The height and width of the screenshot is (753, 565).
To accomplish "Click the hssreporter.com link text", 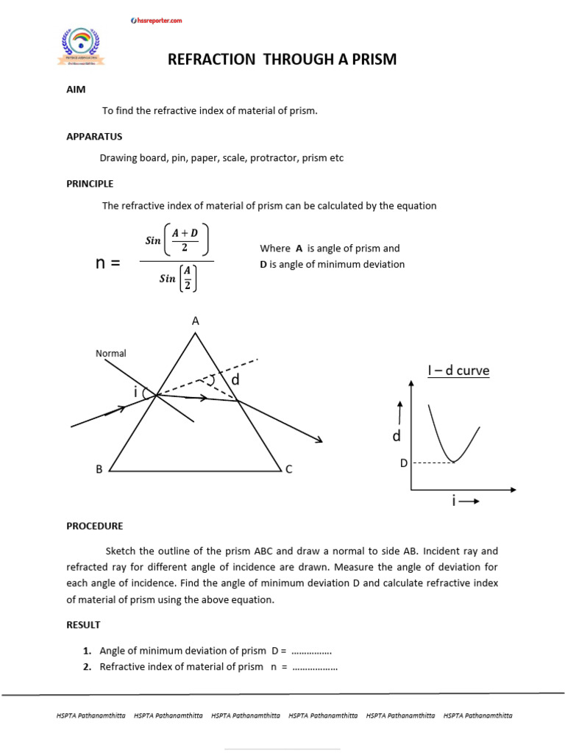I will coord(156,21).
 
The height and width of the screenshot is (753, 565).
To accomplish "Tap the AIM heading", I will coord(76,89).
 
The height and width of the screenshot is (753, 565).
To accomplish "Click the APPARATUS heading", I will coord(94,137).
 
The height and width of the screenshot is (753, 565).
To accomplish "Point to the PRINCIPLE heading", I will coord(90,184).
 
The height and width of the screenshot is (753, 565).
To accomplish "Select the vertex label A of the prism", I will coord(196,321).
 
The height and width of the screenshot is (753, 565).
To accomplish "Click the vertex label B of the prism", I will coord(99,469).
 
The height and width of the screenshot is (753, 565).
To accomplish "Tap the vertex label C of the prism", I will coord(289,469).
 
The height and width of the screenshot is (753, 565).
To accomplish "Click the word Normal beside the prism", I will coord(111,354).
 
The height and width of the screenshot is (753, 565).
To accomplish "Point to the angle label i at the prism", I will coord(136,393).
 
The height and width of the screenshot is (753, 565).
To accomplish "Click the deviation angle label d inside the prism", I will coord(235,380).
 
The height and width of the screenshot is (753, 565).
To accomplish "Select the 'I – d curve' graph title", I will coord(458,371).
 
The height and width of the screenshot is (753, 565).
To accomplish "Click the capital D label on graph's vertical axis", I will coord(403,463).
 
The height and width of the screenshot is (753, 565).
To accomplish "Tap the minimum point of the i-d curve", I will coord(455,461).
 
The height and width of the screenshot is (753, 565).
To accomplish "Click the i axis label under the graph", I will coord(455,501).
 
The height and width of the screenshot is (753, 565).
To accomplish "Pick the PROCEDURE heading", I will coord(95,526).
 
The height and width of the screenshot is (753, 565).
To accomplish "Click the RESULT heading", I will coord(83,625).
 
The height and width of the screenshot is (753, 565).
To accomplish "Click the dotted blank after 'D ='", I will coord(311,651).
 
